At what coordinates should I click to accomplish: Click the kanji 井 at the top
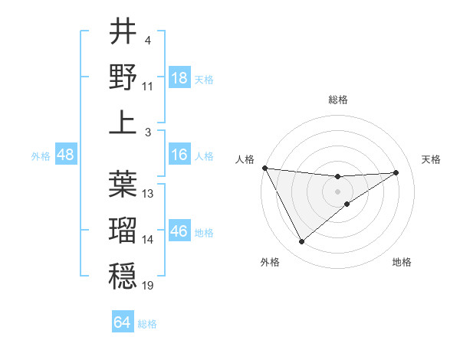pyautogui.click(x=123, y=32)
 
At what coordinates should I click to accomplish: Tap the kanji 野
pyautogui.click(x=123, y=77)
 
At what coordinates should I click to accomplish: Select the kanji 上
pyautogui.click(x=123, y=122)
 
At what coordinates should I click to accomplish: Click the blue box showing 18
pyautogui.click(x=179, y=78)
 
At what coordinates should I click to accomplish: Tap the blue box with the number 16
pyautogui.click(x=179, y=155)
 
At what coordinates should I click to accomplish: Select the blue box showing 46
pyautogui.click(x=179, y=231)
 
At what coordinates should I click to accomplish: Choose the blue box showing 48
pyautogui.click(x=66, y=155)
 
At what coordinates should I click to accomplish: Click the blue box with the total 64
pyautogui.click(x=123, y=322)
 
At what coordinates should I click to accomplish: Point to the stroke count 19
pyautogui.click(x=148, y=286)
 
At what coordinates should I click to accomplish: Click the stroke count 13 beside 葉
pyautogui.click(x=148, y=194)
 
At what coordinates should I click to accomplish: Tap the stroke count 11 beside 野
pyautogui.click(x=148, y=87)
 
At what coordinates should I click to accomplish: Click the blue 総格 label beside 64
pyautogui.click(x=147, y=324)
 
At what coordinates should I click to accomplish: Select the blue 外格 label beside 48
pyautogui.click(x=41, y=156)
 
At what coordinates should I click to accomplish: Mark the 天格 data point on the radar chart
pyautogui.click(x=396, y=172)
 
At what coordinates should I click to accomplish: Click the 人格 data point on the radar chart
pyautogui.click(x=264, y=168)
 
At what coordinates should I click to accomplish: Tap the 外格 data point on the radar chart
pyautogui.click(x=301, y=242)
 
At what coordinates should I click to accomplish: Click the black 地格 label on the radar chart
pyautogui.click(x=402, y=262)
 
